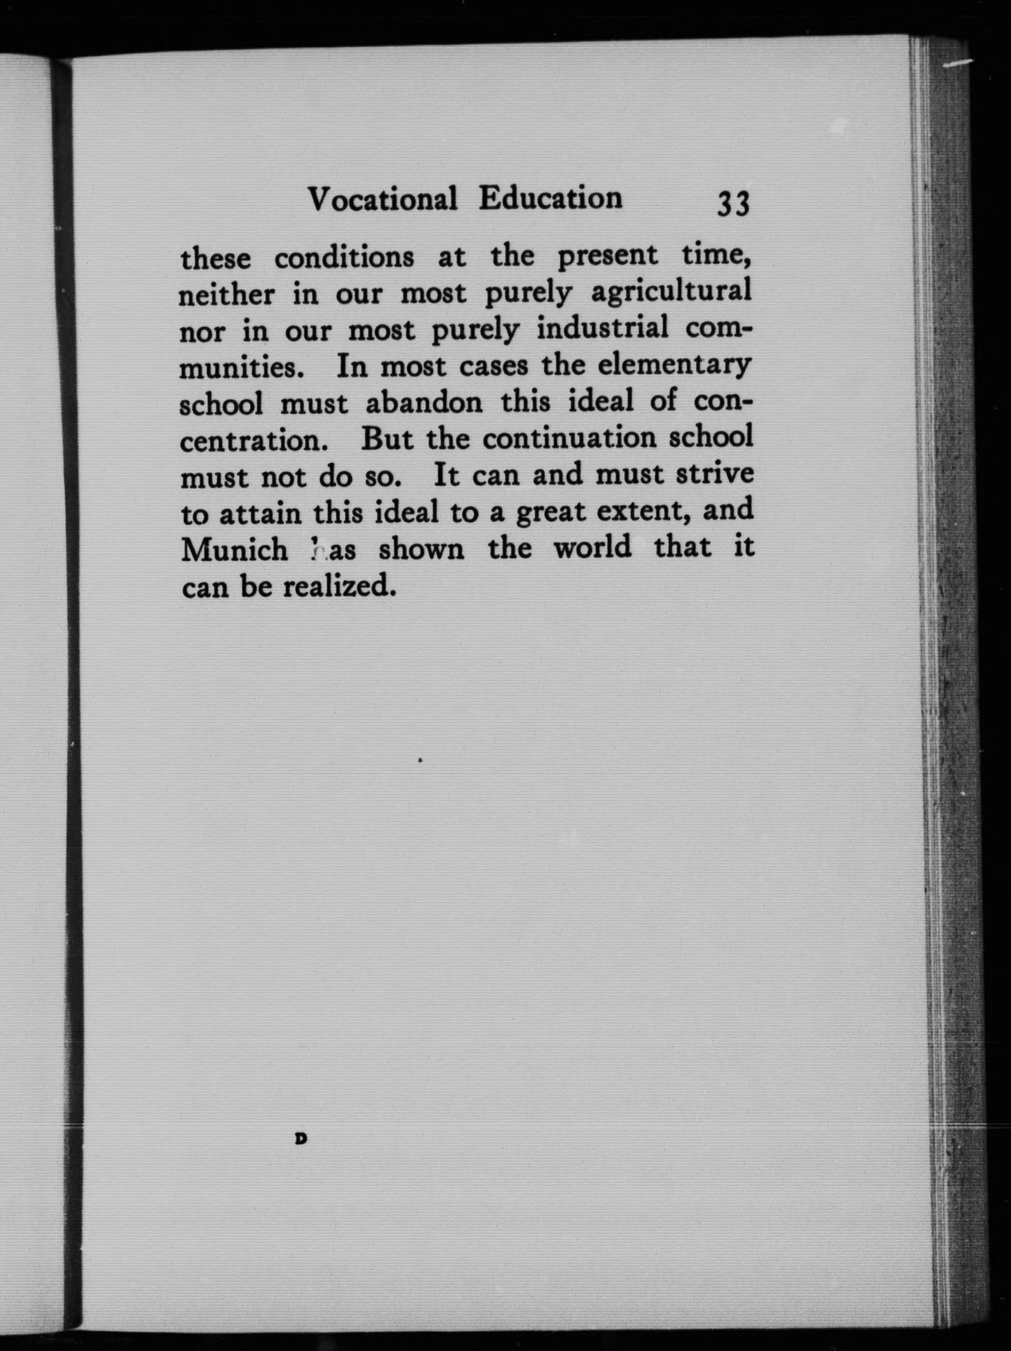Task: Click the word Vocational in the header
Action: (x=383, y=199)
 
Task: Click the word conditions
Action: (x=344, y=258)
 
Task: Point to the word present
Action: (x=607, y=255)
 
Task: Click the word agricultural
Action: (x=671, y=292)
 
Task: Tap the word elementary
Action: (x=673, y=365)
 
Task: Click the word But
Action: (x=387, y=439)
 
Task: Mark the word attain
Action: (x=260, y=513)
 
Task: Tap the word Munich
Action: (x=235, y=549)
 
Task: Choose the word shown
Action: (x=421, y=549)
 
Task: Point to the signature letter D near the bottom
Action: (x=300, y=1139)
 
